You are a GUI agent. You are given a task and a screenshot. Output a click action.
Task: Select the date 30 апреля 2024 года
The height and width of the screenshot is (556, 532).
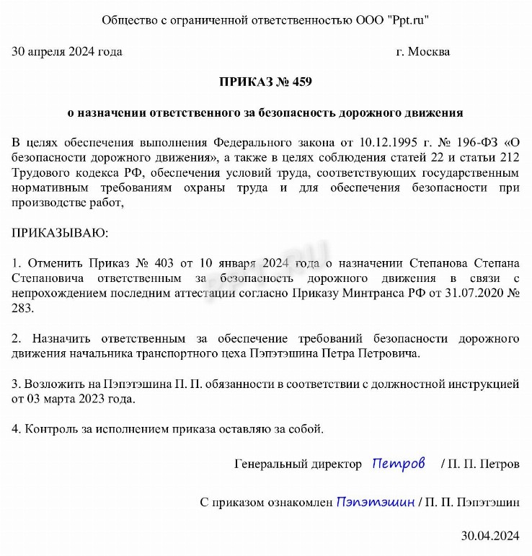point(67,51)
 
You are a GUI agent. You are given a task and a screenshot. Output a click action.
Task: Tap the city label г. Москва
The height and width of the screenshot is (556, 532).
point(423,51)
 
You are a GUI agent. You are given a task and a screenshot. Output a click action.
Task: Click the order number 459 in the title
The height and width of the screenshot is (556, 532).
point(301,82)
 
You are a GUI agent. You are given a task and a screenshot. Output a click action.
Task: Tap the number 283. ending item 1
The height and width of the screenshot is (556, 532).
point(24,308)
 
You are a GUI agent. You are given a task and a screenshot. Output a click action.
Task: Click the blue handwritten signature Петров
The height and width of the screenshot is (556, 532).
point(399,464)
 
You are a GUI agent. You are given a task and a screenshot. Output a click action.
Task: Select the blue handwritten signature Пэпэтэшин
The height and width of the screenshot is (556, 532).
point(375,502)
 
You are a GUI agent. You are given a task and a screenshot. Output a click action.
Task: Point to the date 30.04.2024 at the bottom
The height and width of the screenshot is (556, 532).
point(490,536)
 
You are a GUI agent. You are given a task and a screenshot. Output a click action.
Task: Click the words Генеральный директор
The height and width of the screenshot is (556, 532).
point(298,464)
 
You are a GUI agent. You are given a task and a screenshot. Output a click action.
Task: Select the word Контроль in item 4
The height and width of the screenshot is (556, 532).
point(49,429)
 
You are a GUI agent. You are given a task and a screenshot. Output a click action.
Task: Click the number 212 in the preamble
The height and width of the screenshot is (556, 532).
point(509,157)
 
